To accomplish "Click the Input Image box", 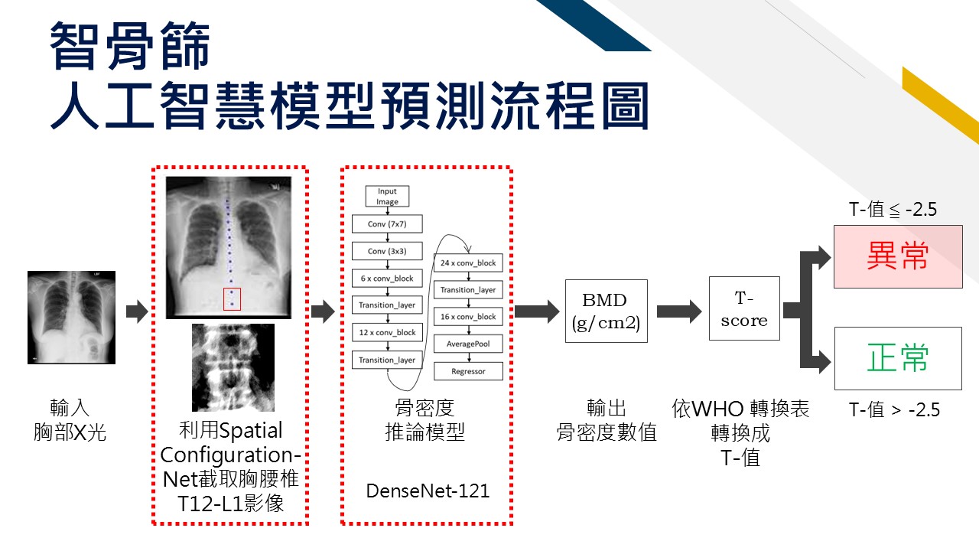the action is click(x=387, y=197).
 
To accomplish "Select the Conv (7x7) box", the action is click(x=387, y=224).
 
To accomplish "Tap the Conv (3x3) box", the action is click(x=387, y=251).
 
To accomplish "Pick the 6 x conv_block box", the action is click(x=387, y=278).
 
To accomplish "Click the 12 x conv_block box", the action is click(x=387, y=332).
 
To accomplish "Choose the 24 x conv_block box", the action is click(x=468, y=262).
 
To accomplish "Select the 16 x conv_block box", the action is click(x=468, y=317).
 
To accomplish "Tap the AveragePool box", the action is click(x=468, y=344).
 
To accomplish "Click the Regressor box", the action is click(x=468, y=371).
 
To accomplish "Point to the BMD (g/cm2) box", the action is click(x=607, y=311).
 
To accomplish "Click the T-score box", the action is click(x=744, y=308).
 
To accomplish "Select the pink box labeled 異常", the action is click(x=898, y=256).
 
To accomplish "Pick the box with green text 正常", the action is click(x=898, y=358).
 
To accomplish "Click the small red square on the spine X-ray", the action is click(x=232, y=299).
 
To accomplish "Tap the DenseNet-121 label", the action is click(x=428, y=491).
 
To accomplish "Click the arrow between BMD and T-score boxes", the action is click(x=679, y=311).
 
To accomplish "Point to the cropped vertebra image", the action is click(x=233, y=367).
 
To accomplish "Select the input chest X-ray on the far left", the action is click(x=71, y=318).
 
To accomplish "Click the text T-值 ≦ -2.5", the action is click(x=893, y=210).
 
